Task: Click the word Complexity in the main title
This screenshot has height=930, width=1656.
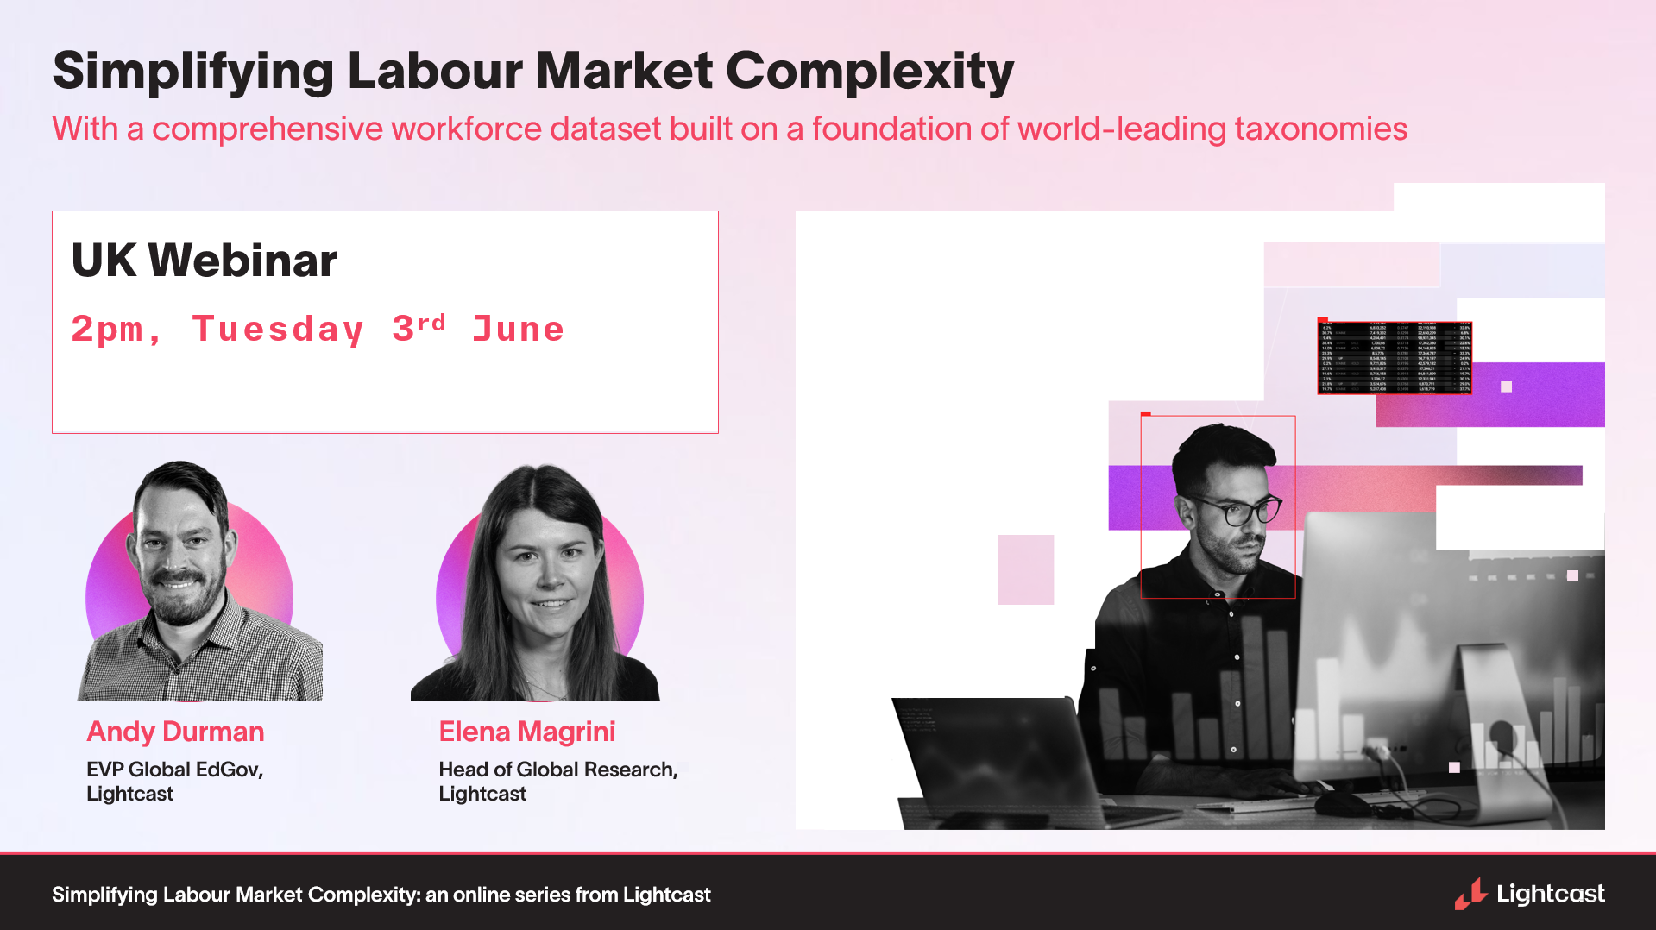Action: [x=869, y=71]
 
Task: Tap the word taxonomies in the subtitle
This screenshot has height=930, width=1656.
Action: [x=1320, y=129]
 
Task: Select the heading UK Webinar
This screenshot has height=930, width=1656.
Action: [x=204, y=261]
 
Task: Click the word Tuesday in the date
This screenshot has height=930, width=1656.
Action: [x=278, y=330]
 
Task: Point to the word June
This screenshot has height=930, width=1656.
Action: [x=518, y=330]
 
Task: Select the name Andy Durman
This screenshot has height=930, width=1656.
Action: [x=175, y=732]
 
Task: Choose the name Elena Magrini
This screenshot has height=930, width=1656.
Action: [x=526, y=732]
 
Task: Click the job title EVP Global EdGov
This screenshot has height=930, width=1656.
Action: [x=174, y=769]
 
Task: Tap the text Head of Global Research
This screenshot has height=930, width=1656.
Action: [x=557, y=769]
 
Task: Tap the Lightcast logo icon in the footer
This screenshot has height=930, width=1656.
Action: [x=1470, y=894]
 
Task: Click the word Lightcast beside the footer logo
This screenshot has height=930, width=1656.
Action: [x=1551, y=894]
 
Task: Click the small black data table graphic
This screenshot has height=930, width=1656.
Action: [x=1395, y=356]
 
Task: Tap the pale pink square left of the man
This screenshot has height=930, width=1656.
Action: [x=1026, y=569]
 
